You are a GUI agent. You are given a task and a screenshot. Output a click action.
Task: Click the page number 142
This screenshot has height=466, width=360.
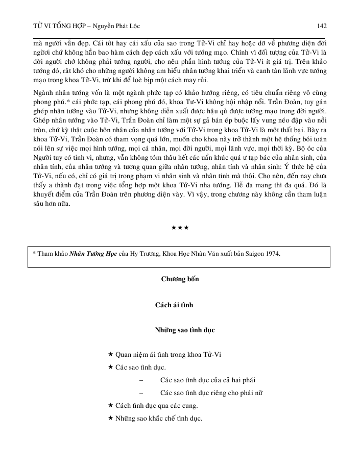[x=322, y=26]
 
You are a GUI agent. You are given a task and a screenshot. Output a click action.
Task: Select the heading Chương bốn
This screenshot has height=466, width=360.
[x=180, y=279]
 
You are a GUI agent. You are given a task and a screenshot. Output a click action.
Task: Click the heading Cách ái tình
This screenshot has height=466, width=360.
[x=180, y=305]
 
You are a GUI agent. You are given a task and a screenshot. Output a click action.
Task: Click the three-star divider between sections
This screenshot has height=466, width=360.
[x=180, y=226]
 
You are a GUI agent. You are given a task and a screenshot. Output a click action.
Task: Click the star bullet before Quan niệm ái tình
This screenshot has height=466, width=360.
[x=111, y=354]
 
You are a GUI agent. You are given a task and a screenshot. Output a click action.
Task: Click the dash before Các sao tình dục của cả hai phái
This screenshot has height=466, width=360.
[x=140, y=380]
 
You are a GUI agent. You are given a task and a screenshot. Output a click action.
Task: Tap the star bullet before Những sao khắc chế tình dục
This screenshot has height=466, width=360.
[x=111, y=419]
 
